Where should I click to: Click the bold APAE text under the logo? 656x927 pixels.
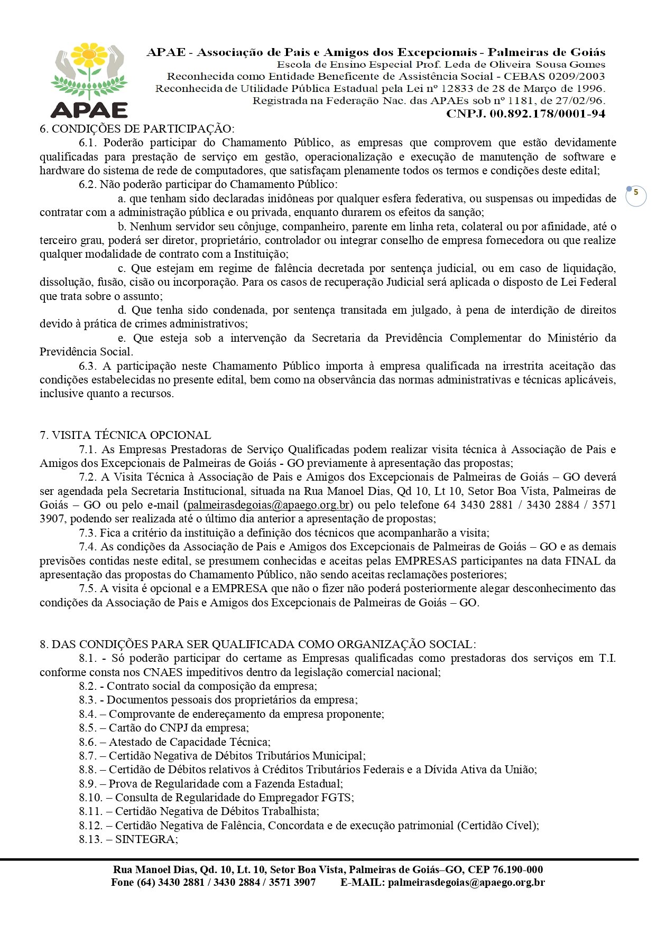click(89, 109)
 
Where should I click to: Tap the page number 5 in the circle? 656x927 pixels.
click(636, 193)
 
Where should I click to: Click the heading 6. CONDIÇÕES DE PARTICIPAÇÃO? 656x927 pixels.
click(137, 129)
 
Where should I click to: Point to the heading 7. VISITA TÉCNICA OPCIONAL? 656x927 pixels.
click(125, 435)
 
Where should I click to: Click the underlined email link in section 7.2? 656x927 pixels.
click(269, 505)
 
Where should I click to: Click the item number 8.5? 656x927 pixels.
click(88, 728)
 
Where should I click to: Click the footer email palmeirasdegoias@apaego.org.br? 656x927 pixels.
click(466, 883)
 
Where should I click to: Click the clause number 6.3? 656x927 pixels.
click(88, 366)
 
